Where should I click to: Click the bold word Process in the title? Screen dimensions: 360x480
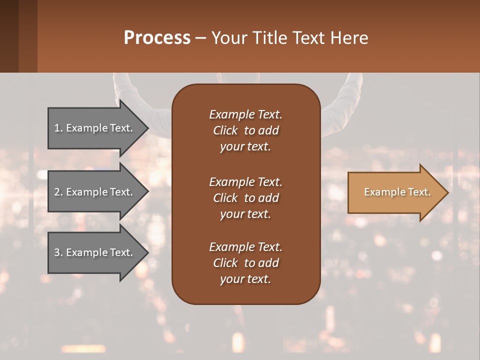tap(157, 38)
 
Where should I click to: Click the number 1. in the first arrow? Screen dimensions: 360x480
tap(58, 128)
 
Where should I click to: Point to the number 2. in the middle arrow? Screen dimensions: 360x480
tap(58, 192)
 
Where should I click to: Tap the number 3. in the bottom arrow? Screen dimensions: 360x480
tap(58, 253)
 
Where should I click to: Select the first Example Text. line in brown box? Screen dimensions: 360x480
tap(245, 114)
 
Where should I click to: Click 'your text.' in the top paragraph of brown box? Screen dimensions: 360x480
tap(245, 147)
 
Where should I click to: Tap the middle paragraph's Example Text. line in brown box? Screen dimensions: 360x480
tap(245, 181)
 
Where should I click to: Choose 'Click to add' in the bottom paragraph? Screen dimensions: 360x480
tap(245, 263)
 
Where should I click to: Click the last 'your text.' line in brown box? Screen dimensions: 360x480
tap(245, 279)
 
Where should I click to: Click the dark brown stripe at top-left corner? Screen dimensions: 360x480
tap(9, 36)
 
